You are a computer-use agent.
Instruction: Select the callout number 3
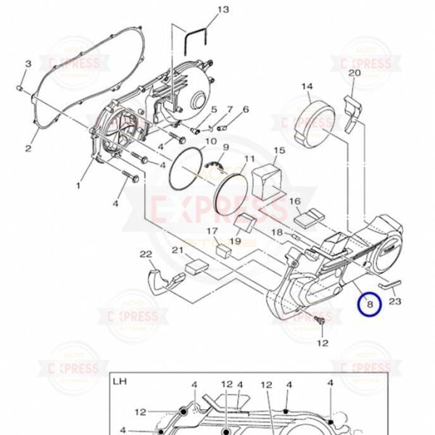pyautogui.click(x=28, y=65)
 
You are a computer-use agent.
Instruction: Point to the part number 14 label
pyautogui.click(x=307, y=87)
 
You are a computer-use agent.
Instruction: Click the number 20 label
pyautogui.click(x=355, y=72)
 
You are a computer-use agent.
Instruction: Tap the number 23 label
pyautogui.click(x=396, y=301)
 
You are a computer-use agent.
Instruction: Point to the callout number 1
pyautogui.click(x=78, y=186)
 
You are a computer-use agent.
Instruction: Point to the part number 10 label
pyautogui.click(x=210, y=141)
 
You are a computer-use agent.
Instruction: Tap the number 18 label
pyautogui.click(x=276, y=232)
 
